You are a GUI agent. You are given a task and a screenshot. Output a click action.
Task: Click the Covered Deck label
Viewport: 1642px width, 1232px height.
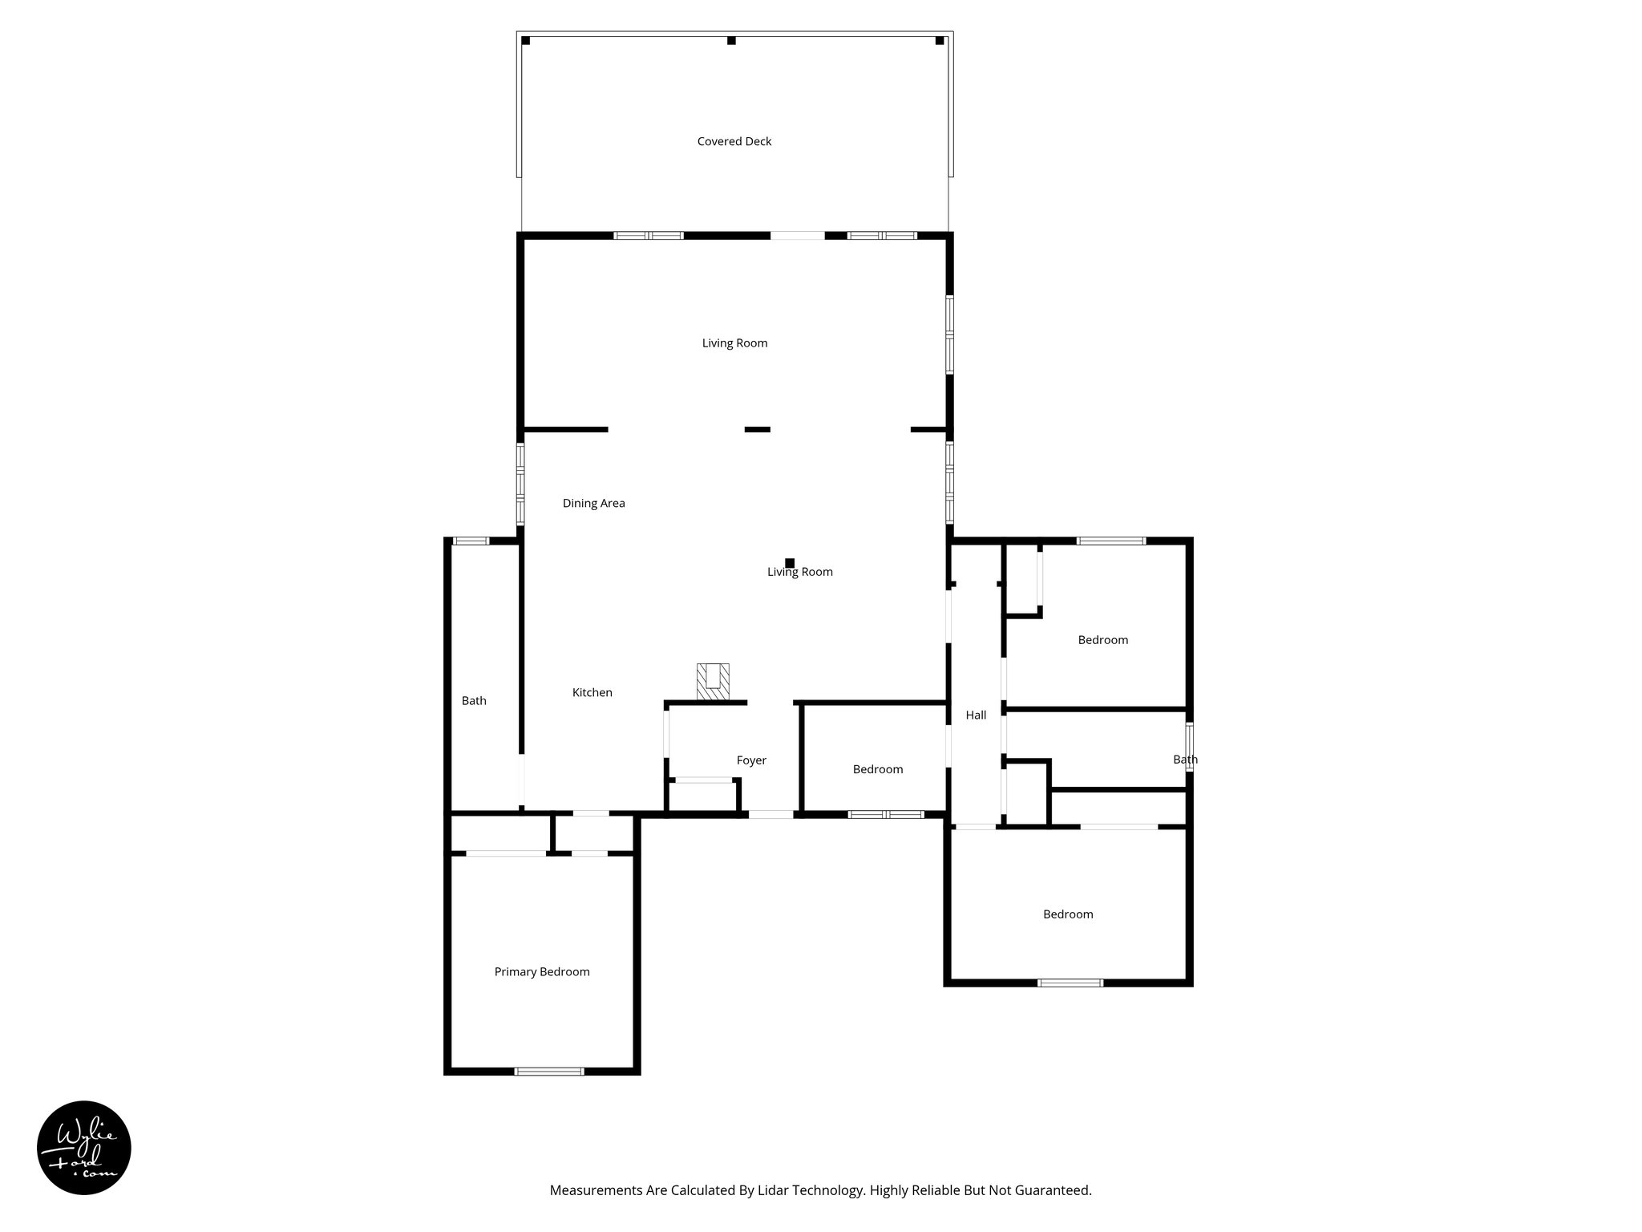[734, 142]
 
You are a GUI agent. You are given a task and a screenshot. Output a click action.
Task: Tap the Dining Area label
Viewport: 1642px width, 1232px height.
[593, 504]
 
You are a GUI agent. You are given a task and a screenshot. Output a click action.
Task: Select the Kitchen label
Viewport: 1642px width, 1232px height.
[592, 693]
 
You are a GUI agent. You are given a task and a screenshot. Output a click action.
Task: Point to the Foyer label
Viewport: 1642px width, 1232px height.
[751, 760]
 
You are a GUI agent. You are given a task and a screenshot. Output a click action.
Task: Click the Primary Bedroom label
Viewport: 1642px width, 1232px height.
[542, 972]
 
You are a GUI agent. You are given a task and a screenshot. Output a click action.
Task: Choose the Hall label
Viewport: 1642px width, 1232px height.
[976, 715]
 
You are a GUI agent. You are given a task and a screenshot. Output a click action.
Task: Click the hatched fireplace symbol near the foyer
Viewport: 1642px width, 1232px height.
[713, 681]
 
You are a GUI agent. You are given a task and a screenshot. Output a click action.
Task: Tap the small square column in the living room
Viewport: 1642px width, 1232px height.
[790, 563]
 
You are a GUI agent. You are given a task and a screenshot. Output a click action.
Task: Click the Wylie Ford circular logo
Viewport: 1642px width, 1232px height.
[84, 1148]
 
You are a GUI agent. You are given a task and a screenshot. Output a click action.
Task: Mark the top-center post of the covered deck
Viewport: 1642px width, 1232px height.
[731, 41]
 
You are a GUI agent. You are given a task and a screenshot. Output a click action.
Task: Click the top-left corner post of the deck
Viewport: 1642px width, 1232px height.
[526, 41]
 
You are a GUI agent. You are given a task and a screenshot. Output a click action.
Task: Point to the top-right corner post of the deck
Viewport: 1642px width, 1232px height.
[940, 41]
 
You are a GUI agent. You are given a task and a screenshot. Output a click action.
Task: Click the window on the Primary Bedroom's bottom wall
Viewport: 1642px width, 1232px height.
[549, 1071]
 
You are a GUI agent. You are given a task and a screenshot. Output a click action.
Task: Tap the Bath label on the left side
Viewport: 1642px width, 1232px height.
[474, 701]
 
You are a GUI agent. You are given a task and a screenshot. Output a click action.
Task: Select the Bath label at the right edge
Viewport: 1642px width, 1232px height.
[1185, 760]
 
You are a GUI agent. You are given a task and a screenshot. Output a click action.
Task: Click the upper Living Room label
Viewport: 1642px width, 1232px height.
[734, 343]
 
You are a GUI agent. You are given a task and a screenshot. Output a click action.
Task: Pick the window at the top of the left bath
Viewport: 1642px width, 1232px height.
[471, 541]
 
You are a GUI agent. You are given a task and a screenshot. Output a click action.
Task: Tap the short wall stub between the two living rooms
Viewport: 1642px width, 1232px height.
[757, 430]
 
